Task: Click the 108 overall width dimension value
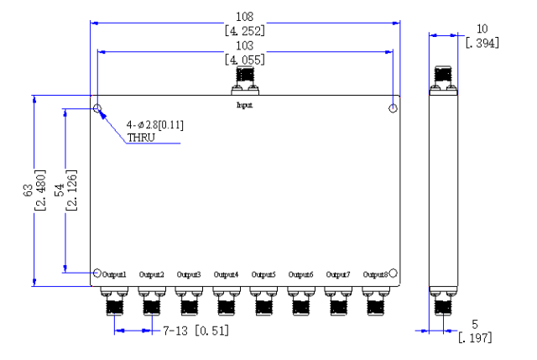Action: coord(244,17)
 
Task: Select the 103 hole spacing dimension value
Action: coord(244,45)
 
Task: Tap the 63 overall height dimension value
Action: coord(28,190)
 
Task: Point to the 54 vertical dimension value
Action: coord(60,190)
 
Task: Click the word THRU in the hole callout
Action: coord(141,138)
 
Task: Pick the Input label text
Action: coord(244,105)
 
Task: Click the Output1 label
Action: coord(114,274)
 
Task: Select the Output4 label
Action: coord(226,274)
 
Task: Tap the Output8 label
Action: coord(375,274)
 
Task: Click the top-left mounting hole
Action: coord(97,108)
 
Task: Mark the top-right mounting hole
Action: coord(394,108)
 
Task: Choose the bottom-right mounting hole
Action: coord(394,273)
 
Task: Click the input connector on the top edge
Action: coord(245,81)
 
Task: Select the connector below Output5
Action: coord(263,300)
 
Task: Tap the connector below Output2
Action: coord(152,300)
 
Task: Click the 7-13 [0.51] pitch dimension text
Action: coord(196,331)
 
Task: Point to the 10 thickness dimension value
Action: coord(482,29)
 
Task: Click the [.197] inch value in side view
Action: coord(475,338)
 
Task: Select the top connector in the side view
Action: coord(444,81)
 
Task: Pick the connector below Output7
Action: coord(338,300)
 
